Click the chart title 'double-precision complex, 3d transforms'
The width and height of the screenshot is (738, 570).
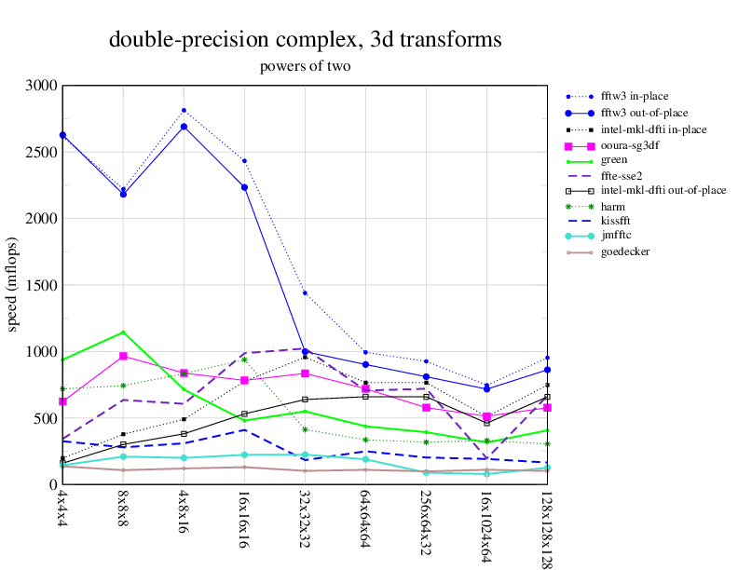pos(306,40)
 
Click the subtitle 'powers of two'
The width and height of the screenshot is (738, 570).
pos(305,67)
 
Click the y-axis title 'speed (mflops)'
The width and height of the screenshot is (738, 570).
pos(13,284)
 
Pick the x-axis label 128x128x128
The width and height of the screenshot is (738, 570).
pos(548,527)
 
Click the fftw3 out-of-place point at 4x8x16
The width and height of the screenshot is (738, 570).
pos(184,127)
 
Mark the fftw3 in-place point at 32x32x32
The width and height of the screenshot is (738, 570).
pos(305,293)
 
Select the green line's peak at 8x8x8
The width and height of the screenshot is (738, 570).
pos(123,332)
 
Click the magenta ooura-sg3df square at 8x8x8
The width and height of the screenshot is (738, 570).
pos(123,356)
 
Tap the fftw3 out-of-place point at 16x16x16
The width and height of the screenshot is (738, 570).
pos(244,187)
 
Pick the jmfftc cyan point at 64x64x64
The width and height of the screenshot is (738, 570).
pos(365,459)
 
